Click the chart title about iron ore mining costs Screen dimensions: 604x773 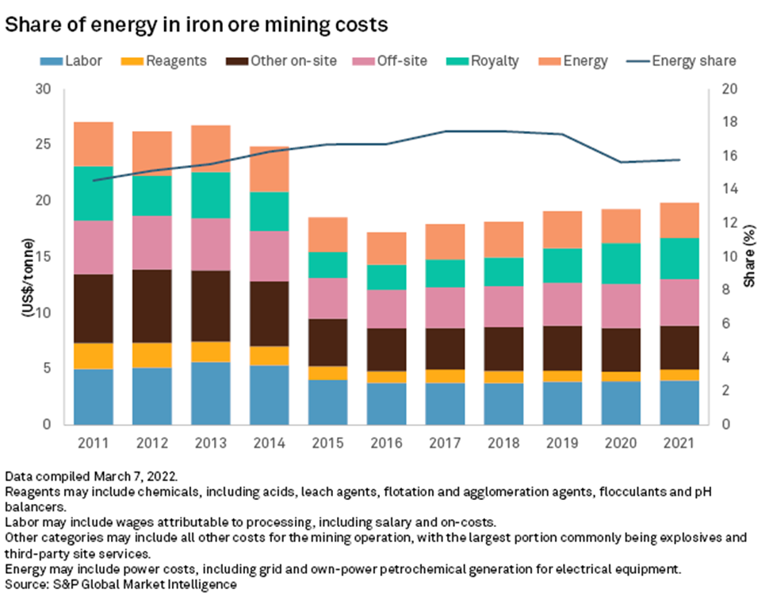click(197, 25)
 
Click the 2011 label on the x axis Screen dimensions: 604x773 click(94, 442)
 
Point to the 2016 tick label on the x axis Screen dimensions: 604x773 click(365, 442)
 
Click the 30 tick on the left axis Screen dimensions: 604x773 click(64, 89)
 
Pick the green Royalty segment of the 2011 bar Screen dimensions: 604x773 click(94, 193)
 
